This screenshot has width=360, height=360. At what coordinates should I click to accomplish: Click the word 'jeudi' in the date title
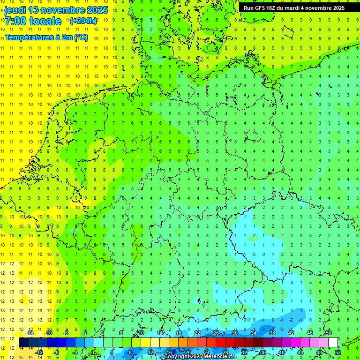pyautogui.click(x=15, y=9)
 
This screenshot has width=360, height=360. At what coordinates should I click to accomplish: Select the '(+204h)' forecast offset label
pyautogui.click(x=83, y=21)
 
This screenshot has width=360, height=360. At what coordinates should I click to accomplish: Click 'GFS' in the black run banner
pyautogui.click(x=262, y=8)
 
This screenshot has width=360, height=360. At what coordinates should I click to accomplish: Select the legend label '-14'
pyautogui.click(x=30, y=333)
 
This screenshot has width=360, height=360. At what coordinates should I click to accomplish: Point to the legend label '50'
pyautogui.click(x=329, y=333)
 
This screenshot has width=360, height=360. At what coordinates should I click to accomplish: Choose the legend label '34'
pyautogui.click(x=254, y=333)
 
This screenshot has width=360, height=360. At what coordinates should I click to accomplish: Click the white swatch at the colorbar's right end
pyautogui.click(x=333, y=343)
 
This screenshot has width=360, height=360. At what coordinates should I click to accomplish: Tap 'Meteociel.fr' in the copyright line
pyautogui.click(x=220, y=357)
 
